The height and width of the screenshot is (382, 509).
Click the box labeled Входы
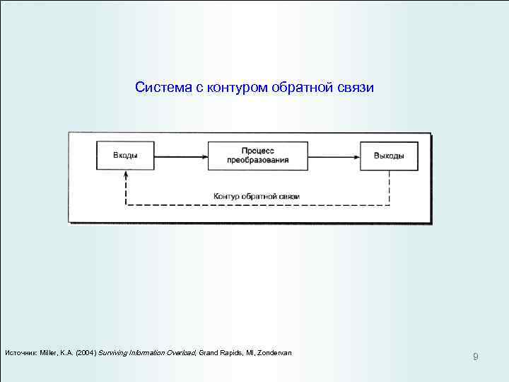(x=125, y=156)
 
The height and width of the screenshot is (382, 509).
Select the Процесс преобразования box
(x=257, y=156)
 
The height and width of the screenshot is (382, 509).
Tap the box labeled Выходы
(x=389, y=156)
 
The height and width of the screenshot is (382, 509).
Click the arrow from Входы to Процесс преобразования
(x=180, y=156)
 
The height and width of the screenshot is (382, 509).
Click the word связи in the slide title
(x=356, y=88)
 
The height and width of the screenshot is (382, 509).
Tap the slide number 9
(x=475, y=357)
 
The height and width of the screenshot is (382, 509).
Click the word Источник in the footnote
(x=21, y=352)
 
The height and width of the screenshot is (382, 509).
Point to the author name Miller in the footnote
(x=47, y=352)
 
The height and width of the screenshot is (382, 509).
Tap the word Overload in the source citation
(x=180, y=352)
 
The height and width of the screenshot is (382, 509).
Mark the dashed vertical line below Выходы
(x=390, y=187)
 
